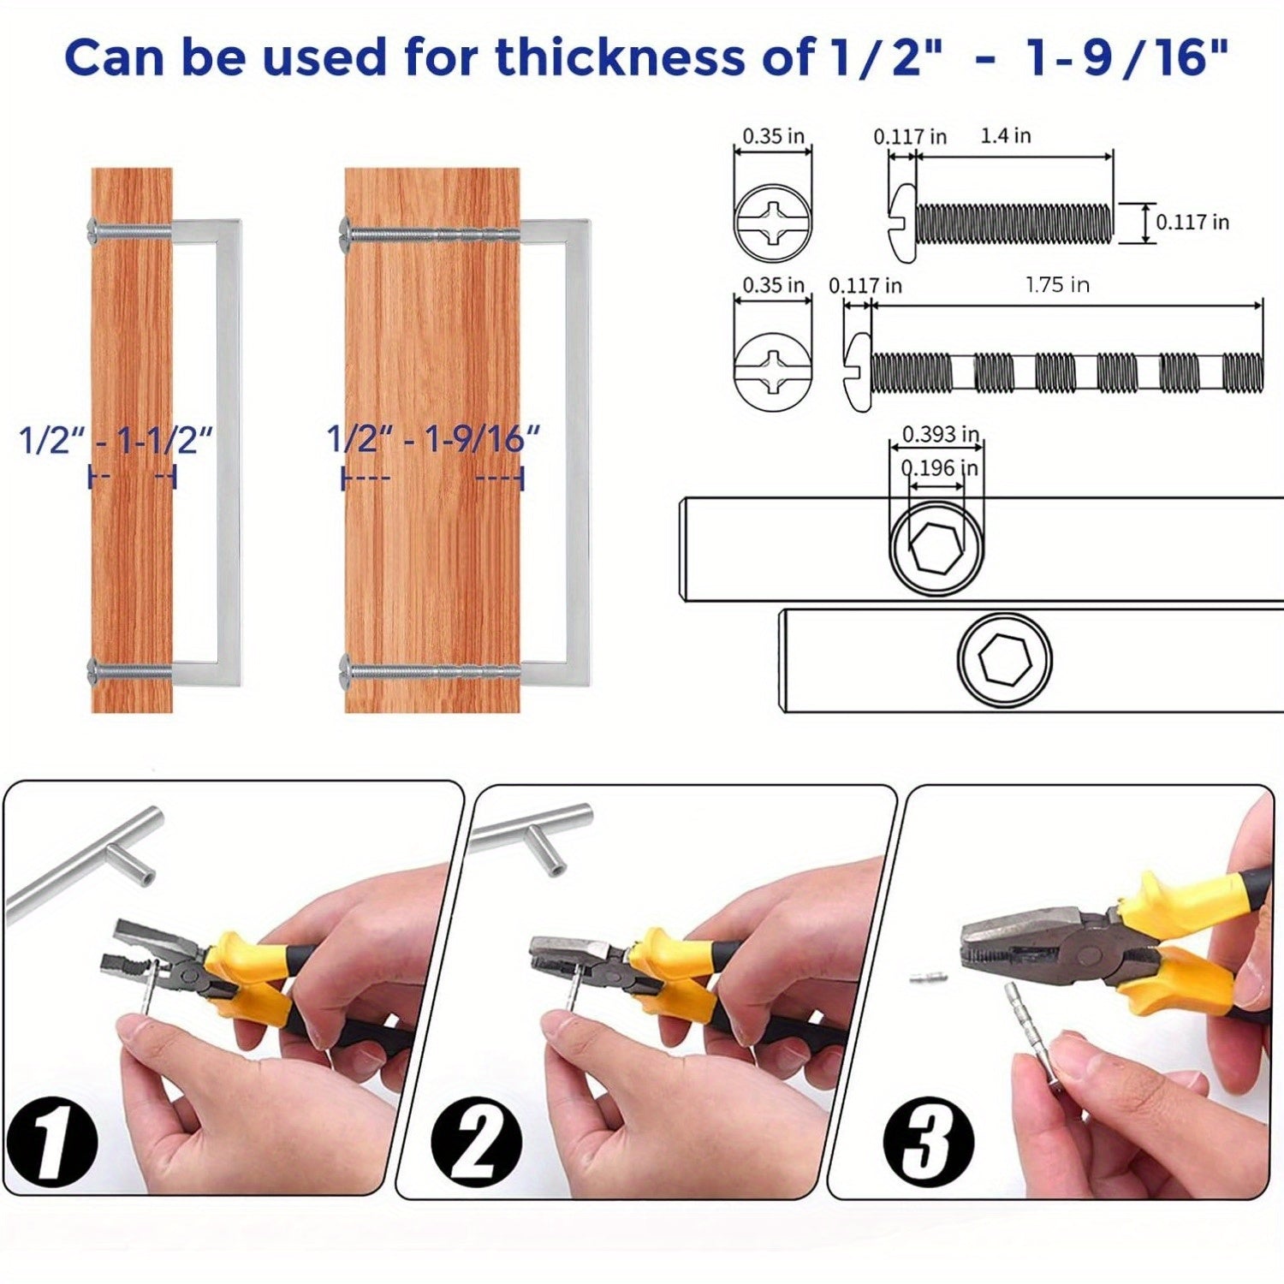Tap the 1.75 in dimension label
tap(1058, 285)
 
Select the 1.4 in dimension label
tap(1006, 135)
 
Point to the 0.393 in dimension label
tap(941, 434)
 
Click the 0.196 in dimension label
tap(939, 468)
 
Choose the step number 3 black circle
tap(929, 1142)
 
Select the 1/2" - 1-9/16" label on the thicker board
tap(434, 440)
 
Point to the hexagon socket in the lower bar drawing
tap(1004, 661)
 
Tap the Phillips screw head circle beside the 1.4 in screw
tap(773, 223)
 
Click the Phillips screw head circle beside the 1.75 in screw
tap(773, 372)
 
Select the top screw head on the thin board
tap(93, 229)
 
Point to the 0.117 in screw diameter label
tap(1192, 223)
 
